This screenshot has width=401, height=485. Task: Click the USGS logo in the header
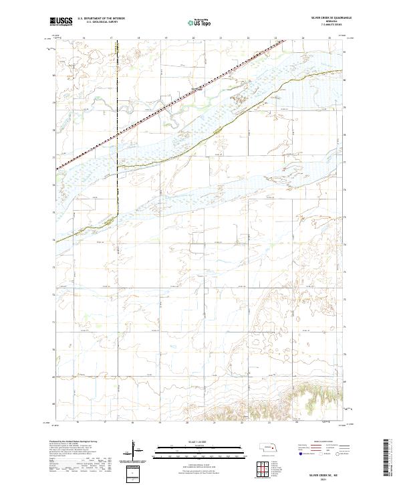click(x=61, y=21)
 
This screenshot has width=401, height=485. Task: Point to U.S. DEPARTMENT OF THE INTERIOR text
click(x=101, y=19)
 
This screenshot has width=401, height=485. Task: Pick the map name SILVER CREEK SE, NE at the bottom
click(x=325, y=473)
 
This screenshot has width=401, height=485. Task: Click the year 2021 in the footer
click(x=325, y=478)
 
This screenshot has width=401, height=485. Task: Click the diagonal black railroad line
click(x=167, y=107)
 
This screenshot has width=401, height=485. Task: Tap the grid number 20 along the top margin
click(x=194, y=38)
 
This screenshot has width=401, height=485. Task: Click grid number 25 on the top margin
click(x=329, y=38)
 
